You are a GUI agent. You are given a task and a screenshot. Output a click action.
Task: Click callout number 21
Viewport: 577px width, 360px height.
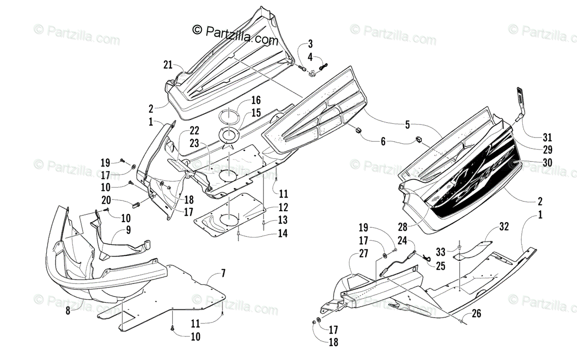coord(167,64)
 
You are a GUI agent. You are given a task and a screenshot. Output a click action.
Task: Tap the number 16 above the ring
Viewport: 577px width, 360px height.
coord(256,100)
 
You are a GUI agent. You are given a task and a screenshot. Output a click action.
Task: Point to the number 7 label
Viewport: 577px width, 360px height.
coord(223,274)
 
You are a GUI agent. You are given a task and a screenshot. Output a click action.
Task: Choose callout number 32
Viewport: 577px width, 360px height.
coord(503,225)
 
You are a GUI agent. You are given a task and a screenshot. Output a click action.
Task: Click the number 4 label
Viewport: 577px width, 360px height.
coord(310,57)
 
